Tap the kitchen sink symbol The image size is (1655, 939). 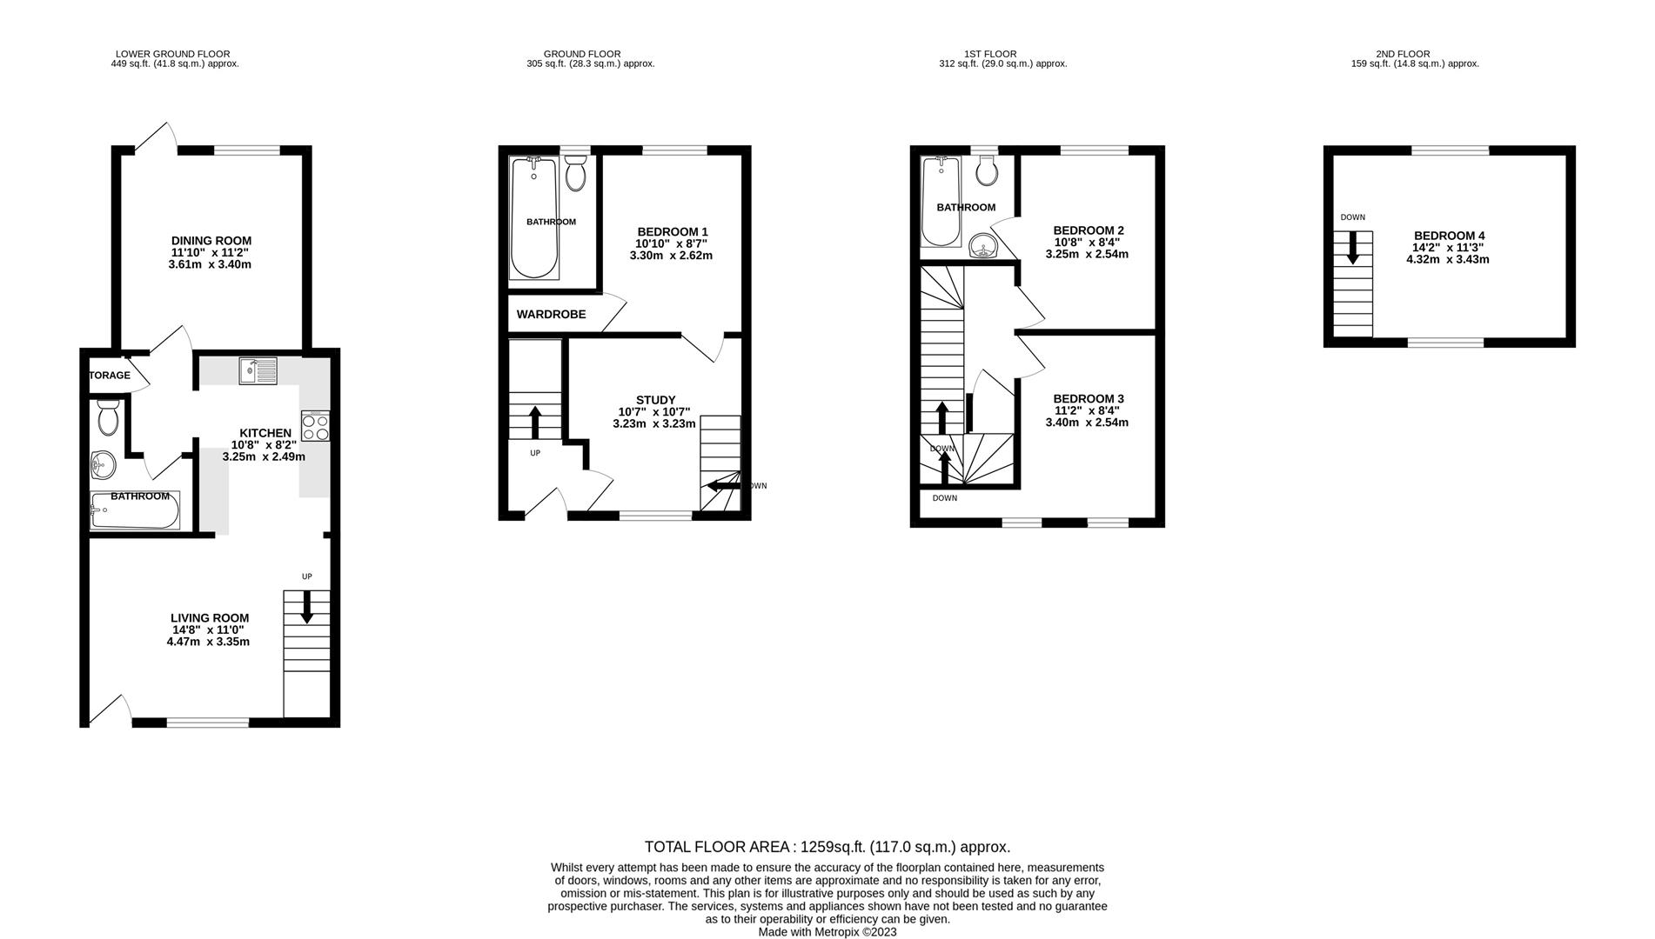tap(258, 371)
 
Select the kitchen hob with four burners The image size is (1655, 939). tap(315, 426)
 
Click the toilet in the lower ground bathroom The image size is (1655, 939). tap(109, 419)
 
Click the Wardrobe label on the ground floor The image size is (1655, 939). tap(551, 314)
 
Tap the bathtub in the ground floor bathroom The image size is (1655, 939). tap(534, 219)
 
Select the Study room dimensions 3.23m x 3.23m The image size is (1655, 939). tap(654, 424)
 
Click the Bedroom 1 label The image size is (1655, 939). tap(673, 231)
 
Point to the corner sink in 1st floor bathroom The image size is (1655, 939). tap(984, 246)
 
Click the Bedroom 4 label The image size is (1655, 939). tap(1449, 236)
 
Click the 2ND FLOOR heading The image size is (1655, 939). tap(1402, 54)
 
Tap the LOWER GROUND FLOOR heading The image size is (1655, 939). tap(173, 54)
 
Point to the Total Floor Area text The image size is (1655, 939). tap(827, 847)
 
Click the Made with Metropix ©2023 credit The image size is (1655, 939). tap(827, 932)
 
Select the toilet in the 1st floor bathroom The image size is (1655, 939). tap(987, 171)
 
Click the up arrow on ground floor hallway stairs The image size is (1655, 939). tap(534, 423)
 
